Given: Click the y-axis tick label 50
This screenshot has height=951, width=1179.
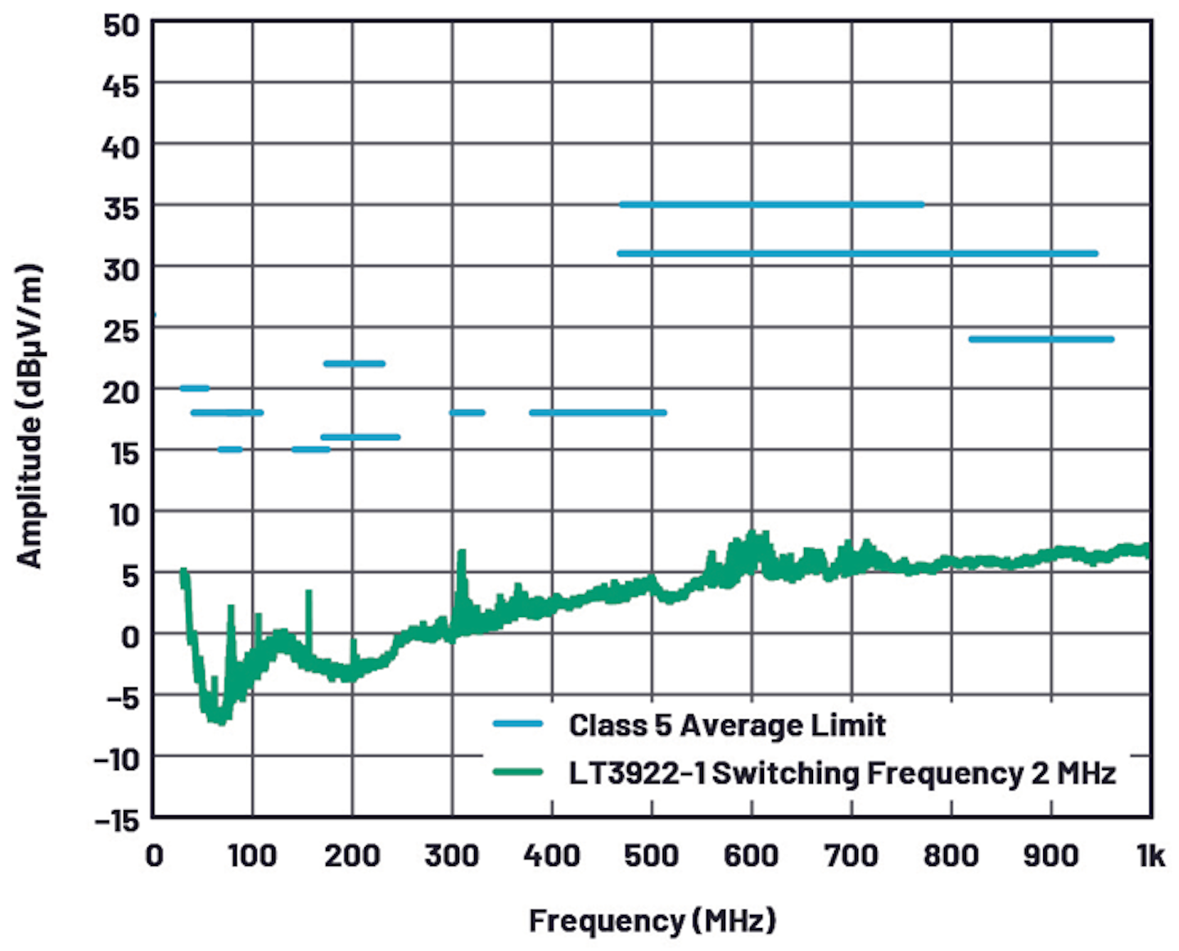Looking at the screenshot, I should tap(121, 25).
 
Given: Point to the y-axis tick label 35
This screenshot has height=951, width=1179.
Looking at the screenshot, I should tap(121, 208).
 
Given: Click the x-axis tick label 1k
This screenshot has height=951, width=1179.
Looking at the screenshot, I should tap(1150, 856).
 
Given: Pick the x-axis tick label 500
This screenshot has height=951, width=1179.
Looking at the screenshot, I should tap(652, 856).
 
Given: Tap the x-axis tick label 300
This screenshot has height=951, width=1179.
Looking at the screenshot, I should tap(452, 856).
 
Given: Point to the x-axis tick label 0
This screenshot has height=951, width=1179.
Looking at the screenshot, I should tap(154, 856).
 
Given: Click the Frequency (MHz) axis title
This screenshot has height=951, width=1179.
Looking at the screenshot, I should tap(652, 921).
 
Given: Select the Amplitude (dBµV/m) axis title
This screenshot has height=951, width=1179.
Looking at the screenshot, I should tap(29, 416).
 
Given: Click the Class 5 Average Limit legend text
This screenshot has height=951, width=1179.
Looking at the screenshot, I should tap(727, 725).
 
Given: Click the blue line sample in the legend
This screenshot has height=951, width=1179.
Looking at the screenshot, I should tap(517, 724).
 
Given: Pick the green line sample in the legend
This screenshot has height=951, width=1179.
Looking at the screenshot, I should tap(517, 773).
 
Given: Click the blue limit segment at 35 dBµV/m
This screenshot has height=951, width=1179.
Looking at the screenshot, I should tap(771, 205).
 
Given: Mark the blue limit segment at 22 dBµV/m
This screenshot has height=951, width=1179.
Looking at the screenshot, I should tap(354, 363).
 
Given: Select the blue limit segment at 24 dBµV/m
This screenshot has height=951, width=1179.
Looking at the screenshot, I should tap(1041, 339).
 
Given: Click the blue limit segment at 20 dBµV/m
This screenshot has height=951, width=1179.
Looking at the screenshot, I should tap(194, 388).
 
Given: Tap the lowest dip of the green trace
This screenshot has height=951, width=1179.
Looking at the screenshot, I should tap(219, 720).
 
